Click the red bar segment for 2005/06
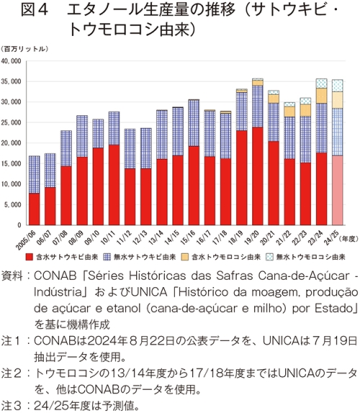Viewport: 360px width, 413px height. pyautogui.click(x=35, y=209)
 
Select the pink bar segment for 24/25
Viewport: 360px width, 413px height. pyautogui.click(x=338, y=191)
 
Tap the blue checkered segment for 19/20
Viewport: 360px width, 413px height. pyautogui.click(x=258, y=106)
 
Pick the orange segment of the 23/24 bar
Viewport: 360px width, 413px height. pyautogui.click(x=322, y=96)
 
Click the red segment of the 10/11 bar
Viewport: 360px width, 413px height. pyautogui.click(x=114, y=185)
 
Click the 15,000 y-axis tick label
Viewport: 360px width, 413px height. pyautogui.click(x=11, y=163)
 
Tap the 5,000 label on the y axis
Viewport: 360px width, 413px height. pyautogui.click(x=12, y=204)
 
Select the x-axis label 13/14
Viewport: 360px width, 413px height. pyautogui.click(x=156, y=237)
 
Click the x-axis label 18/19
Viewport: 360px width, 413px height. pyautogui.click(x=236, y=237)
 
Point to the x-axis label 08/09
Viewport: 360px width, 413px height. pyautogui.click(x=76, y=237)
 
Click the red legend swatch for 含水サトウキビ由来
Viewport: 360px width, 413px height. pyautogui.click(x=30, y=257)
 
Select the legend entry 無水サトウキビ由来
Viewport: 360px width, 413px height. pyautogui.click(x=140, y=257)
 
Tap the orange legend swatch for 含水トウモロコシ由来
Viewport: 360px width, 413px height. pyautogui.click(x=185, y=257)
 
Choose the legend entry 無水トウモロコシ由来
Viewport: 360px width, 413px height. pyautogui.click(x=306, y=257)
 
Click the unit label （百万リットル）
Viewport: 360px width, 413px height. pyautogui.click(x=24, y=49)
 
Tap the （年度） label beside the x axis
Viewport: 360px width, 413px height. pyautogui.click(x=348, y=239)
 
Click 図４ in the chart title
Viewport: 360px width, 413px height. pyautogui.click(x=35, y=11)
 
